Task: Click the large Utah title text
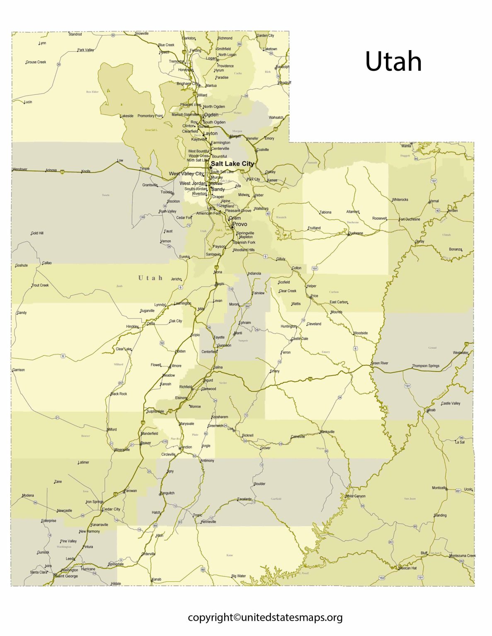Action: click(393, 62)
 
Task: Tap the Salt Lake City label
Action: click(232, 164)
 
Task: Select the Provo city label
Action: click(240, 224)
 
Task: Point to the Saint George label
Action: click(67, 576)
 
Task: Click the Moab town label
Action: click(431, 410)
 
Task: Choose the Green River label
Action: click(380, 363)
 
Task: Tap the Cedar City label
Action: click(111, 509)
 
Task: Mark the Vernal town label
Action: click(434, 201)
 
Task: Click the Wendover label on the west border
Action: click(20, 169)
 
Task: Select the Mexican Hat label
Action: click(407, 568)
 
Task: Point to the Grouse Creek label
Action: click(36, 62)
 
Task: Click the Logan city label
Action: click(211, 58)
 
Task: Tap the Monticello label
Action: click(439, 488)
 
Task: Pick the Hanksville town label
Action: click(327, 431)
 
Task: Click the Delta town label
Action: click(151, 323)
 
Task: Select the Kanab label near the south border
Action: click(157, 579)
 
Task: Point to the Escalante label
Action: click(245, 499)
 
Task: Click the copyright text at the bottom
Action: click(265, 617)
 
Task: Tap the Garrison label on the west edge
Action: click(19, 370)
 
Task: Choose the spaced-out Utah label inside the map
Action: click(150, 278)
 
